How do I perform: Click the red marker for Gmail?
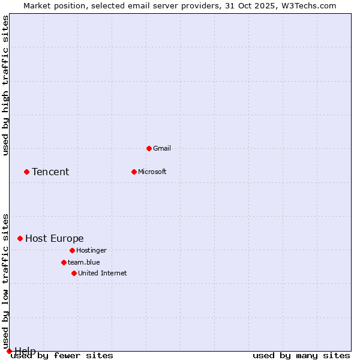pos(149,148)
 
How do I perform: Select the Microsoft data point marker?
pos(134,172)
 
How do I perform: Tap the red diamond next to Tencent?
pos(26,172)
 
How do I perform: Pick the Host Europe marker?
pos(20,238)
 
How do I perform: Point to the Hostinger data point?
pos(72,250)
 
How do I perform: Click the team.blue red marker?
pos(64,262)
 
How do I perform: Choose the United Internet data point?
pos(74,273)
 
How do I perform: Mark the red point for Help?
pos(9,351)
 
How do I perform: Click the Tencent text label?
pos(50,172)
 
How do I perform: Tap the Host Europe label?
pos(55,239)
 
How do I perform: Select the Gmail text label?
pos(162,148)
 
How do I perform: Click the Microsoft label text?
pos(152,172)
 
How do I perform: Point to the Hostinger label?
pos(91,250)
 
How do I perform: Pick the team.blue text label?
pos(84,262)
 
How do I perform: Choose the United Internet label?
pos(103,273)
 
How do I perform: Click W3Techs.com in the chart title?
pos(308,5)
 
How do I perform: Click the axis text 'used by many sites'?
pos(301,356)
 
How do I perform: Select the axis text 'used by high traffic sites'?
pos(6,85)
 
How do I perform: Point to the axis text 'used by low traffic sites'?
pos(6,281)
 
